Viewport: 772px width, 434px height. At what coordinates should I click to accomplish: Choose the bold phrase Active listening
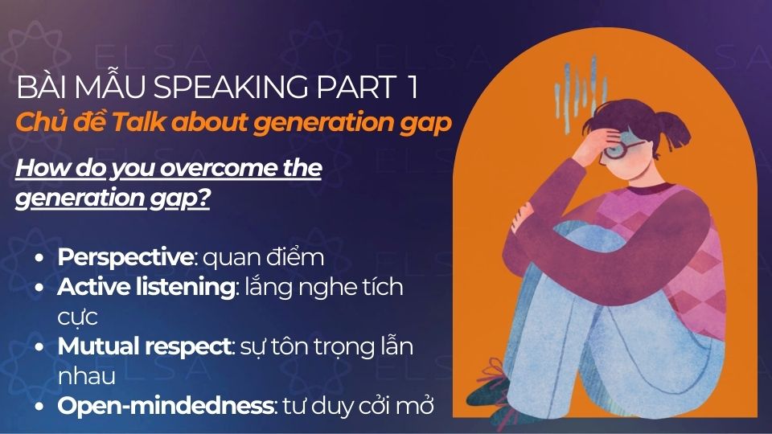145,287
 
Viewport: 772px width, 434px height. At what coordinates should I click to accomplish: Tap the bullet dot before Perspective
40,258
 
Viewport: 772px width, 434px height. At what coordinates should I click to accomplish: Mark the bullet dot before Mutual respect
40,347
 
